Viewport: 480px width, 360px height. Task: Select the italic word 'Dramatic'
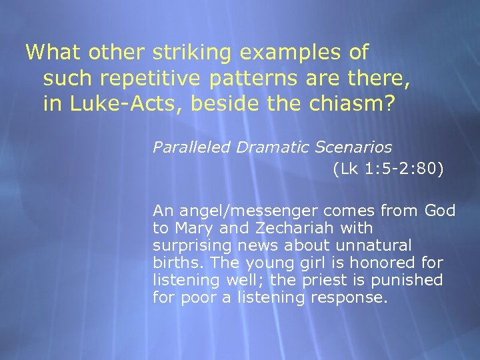pos(259,147)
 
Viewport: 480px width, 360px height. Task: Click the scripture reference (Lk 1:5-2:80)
pos(387,169)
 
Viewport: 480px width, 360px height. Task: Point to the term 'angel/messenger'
pos(236,211)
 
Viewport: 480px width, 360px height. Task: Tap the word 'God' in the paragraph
pos(440,211)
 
